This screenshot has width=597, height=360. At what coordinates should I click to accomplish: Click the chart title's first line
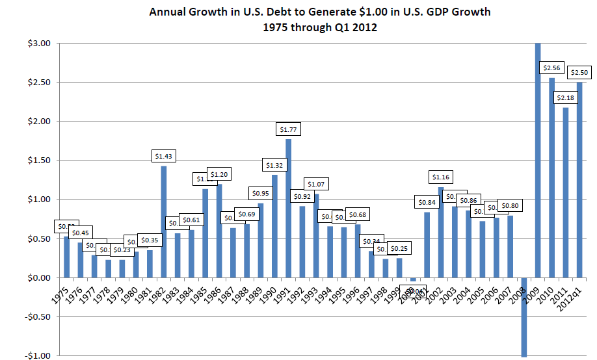(x=320, y=12)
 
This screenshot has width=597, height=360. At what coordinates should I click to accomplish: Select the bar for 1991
(x=288, y=208)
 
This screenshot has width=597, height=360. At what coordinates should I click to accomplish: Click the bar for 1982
(x=164, y=222)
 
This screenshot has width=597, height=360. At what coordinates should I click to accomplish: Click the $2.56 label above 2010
(x=551, y=68)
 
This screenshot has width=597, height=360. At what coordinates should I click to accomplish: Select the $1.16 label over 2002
(x=442, y=177)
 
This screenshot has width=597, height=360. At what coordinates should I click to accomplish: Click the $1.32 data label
(x=274, y=165)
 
